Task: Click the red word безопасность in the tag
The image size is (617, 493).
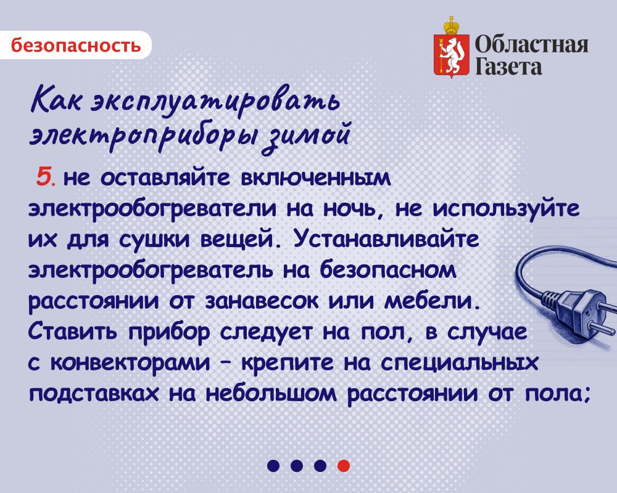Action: pyautogui.click(x=75, y=45)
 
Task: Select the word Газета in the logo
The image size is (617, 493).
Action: pyautogui.click(x=508, y=66)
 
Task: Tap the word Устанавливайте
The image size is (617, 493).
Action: pyautogui.click(x=386, y=238)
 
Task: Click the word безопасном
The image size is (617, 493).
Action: pyautogui.click(x=388, y=270)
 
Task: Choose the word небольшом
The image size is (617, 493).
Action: pyautogui.click(x=271, y=394)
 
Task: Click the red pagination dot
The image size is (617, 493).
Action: pyautogui.click(x=344, y=465)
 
